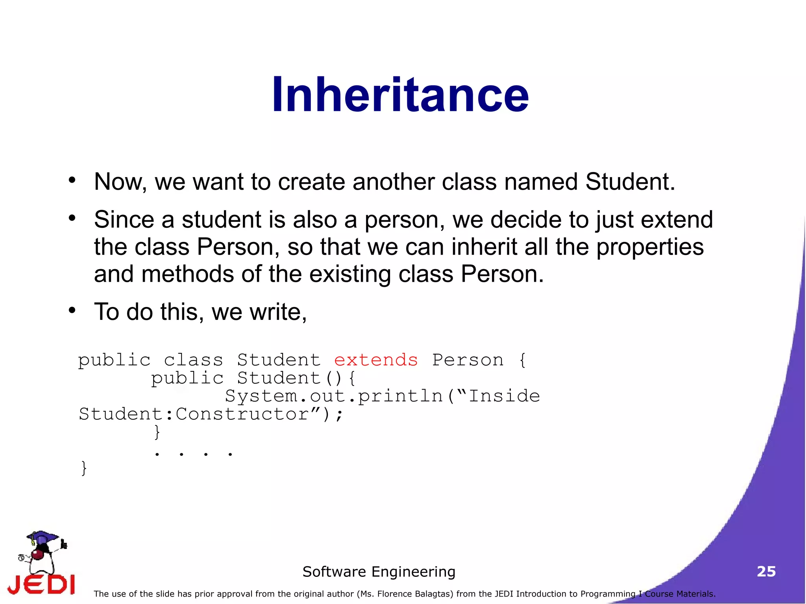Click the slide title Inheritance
click(400, 95)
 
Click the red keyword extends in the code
click(376, 360)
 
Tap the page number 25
click(766, 571)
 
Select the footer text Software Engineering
click(379, 571)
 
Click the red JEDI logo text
click(41, 585)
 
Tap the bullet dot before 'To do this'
click(72, 310)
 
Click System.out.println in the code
click(334, 396)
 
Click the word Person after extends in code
click(468, 360)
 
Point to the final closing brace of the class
click(83, 468)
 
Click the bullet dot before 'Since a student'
click(72, 218)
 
